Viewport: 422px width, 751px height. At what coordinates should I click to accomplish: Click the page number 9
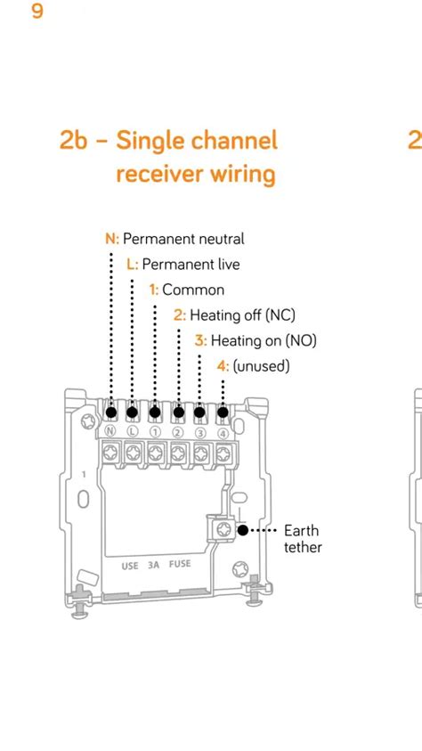(37, 12)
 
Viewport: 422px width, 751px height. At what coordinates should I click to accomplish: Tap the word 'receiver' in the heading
(159, 173)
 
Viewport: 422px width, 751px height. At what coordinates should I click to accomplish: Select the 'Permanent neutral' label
(183, 239)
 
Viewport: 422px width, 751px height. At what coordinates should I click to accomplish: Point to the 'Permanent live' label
(191, 265)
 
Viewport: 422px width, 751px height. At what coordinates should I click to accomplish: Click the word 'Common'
(193, 290)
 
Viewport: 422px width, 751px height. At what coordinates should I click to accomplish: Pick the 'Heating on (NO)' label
(264, 340)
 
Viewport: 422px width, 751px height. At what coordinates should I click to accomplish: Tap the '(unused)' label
(261, 365)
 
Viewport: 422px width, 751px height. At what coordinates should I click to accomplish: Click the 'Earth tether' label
(303, 539)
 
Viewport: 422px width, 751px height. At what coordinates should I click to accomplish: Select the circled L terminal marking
(133, 432)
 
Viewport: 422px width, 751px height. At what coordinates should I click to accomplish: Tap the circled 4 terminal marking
(223, 432)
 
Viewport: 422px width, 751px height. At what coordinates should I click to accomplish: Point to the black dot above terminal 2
(178, 412)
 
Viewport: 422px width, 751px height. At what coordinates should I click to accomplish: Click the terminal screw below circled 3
(200, 453)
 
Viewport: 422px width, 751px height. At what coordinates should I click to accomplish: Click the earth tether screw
(221, 530)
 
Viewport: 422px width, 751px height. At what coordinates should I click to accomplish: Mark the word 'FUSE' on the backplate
(181, 565)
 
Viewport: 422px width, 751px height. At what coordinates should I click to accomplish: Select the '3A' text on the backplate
(154, 565)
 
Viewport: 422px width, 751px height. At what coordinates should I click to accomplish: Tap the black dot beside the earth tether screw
(243, 530)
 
